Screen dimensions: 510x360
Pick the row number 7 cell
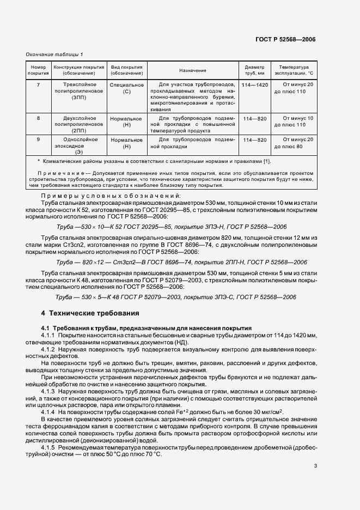tap(38, 85)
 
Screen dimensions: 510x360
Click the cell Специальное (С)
tap(127, 88)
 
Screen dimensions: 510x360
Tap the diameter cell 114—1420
tap(254, 85)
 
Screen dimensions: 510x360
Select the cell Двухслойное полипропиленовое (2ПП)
tap(80, 124)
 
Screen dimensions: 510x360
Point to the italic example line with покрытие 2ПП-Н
tap(182, 262)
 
